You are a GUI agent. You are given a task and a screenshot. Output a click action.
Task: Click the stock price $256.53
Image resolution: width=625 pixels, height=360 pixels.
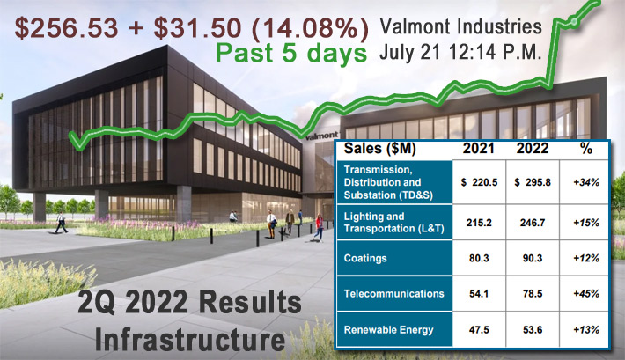67,28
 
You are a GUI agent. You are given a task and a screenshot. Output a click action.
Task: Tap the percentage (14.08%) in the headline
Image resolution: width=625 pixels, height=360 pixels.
311,29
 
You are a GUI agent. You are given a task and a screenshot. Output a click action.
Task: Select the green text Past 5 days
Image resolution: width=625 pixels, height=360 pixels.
291,54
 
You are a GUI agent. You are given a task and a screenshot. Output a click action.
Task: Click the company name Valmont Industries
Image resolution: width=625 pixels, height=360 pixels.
460,26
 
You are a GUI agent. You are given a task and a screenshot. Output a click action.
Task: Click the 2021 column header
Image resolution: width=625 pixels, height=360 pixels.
478,149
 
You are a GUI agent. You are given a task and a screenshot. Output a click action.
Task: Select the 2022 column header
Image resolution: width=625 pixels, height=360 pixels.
533,149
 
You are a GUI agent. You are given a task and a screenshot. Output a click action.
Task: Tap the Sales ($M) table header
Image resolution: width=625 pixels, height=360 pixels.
380,149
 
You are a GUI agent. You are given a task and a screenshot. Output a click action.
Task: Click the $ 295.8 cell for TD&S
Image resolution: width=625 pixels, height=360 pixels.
533,182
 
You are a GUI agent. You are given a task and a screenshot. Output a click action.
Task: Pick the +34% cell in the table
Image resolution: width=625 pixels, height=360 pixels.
586,182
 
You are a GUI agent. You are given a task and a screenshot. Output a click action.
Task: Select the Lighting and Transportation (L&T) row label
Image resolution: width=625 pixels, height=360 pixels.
393,223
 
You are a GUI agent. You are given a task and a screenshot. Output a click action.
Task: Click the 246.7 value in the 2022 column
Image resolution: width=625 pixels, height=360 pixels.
533,223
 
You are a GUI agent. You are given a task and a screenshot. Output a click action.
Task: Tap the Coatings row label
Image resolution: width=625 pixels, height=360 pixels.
365,259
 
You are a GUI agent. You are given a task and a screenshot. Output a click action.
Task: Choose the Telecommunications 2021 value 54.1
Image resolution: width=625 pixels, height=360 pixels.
479,294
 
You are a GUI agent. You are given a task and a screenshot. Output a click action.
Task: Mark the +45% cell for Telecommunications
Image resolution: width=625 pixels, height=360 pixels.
586,294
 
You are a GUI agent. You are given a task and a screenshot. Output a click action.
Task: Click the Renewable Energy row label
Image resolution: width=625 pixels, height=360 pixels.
388,330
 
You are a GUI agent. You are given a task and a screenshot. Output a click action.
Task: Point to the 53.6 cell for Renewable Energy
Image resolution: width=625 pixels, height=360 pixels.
533,330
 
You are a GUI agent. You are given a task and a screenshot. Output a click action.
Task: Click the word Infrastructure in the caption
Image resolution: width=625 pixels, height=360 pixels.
190,339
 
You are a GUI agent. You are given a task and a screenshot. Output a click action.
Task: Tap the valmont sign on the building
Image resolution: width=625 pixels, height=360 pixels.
321,136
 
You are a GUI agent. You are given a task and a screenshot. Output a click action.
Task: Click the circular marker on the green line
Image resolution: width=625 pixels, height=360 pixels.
574,21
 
